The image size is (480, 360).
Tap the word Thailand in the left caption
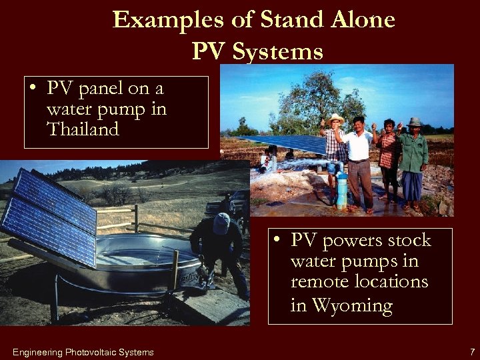pos(83,129)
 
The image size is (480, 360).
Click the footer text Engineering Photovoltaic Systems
pos(83,352)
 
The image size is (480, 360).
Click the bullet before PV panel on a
pos(32,88)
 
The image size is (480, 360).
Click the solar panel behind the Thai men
pos(287,143)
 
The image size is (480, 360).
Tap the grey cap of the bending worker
pos(221,221)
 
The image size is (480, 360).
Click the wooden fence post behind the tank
pos(136,218)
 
